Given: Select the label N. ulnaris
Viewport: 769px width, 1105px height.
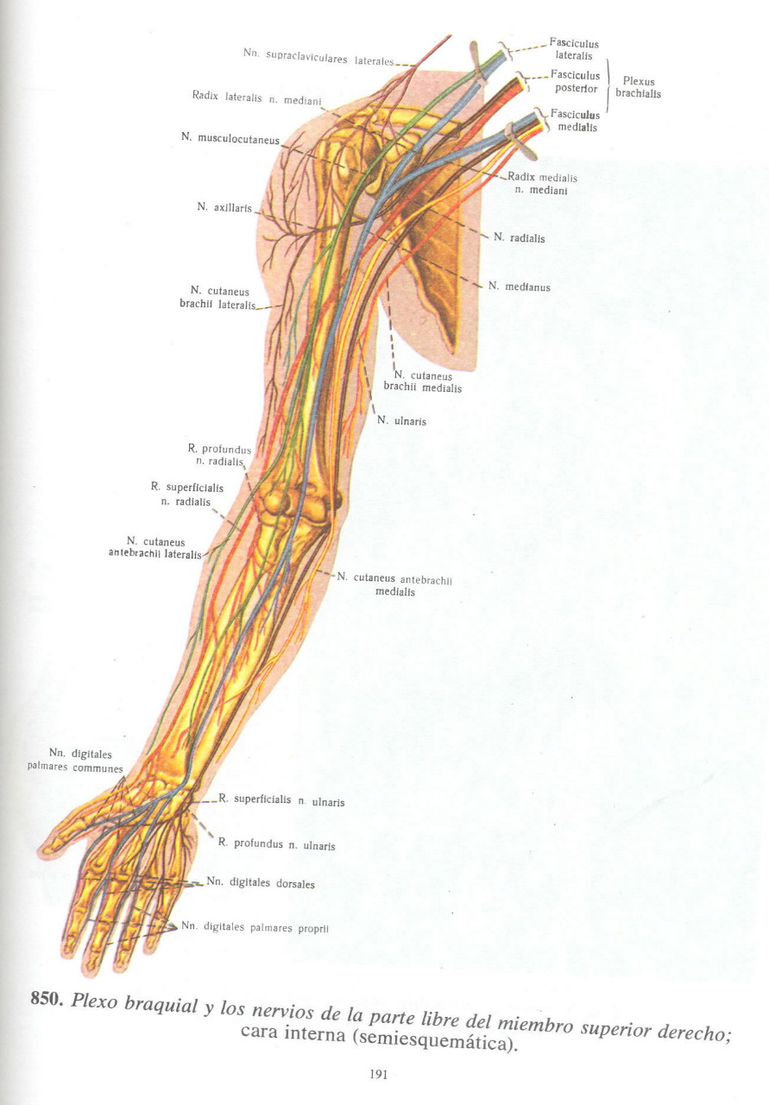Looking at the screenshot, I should [x=401, y=421].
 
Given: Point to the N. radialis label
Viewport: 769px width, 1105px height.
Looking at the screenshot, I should [x=519, y=238].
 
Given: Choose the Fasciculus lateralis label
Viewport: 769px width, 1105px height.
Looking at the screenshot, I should [x=574, y=49].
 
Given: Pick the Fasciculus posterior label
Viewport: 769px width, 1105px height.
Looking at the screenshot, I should [x=575, y=82].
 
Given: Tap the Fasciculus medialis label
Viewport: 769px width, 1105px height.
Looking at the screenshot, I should [x=575, y=120].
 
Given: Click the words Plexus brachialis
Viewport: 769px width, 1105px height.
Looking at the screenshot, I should [x=638, y=87].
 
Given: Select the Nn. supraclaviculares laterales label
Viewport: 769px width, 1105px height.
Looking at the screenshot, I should [x=318, y=58].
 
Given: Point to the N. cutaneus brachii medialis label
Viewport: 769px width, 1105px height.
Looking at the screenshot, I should [x=422, y=382].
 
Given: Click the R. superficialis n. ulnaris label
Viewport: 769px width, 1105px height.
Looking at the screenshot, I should [x=281, y=800].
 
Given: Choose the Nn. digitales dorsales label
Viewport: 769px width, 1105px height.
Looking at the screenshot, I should [x=261, y=884].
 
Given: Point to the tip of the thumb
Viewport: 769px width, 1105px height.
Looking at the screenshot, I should [x=46, y=849].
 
